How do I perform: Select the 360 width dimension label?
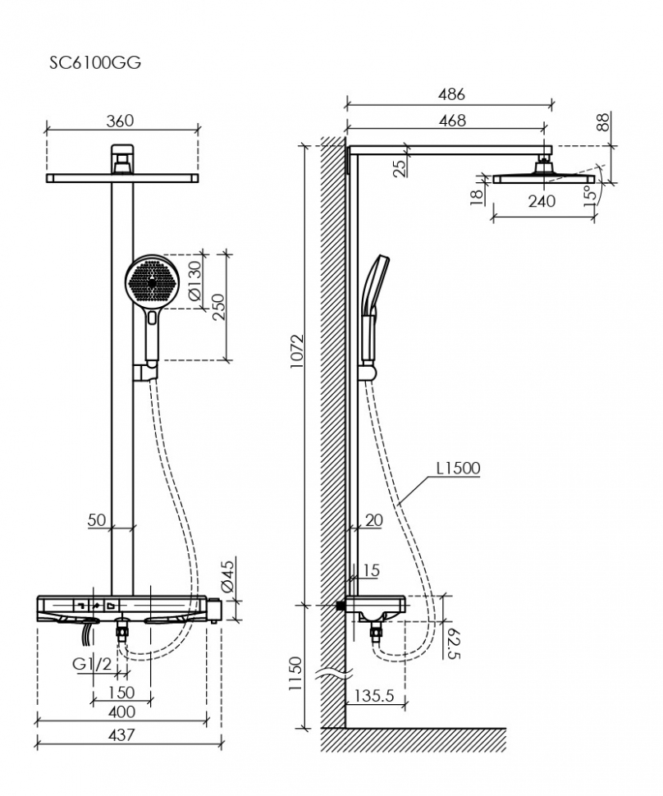pyautogui.click(x=120, y=121)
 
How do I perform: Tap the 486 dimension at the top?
pyautogui.click(x=450, y=94)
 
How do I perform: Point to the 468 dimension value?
pyautogui.click(x=450, y=120)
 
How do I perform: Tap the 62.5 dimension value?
pyautogui.click(x=451, y=642)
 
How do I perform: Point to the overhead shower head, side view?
pyautogui.click(x=543, y=176)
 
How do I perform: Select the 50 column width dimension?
pyautogui.click(x=97, y=519)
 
